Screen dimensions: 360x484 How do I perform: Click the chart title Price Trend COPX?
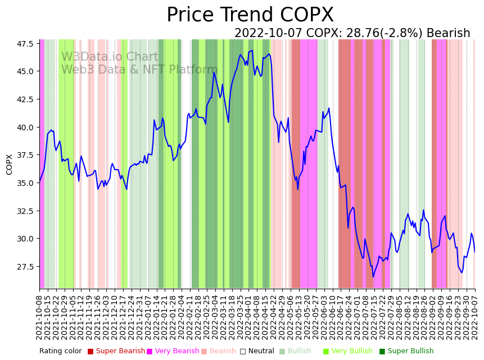click(x=250, y=15)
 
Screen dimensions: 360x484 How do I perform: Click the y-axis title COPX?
click(x=10, y=164)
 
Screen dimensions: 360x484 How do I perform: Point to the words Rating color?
click(x=60, y=351)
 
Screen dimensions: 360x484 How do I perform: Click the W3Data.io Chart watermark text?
click(x=110, y=57)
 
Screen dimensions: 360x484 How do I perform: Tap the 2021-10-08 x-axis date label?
click(x=39, y=317)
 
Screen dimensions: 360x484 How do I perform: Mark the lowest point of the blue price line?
click(x=373, y=276)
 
